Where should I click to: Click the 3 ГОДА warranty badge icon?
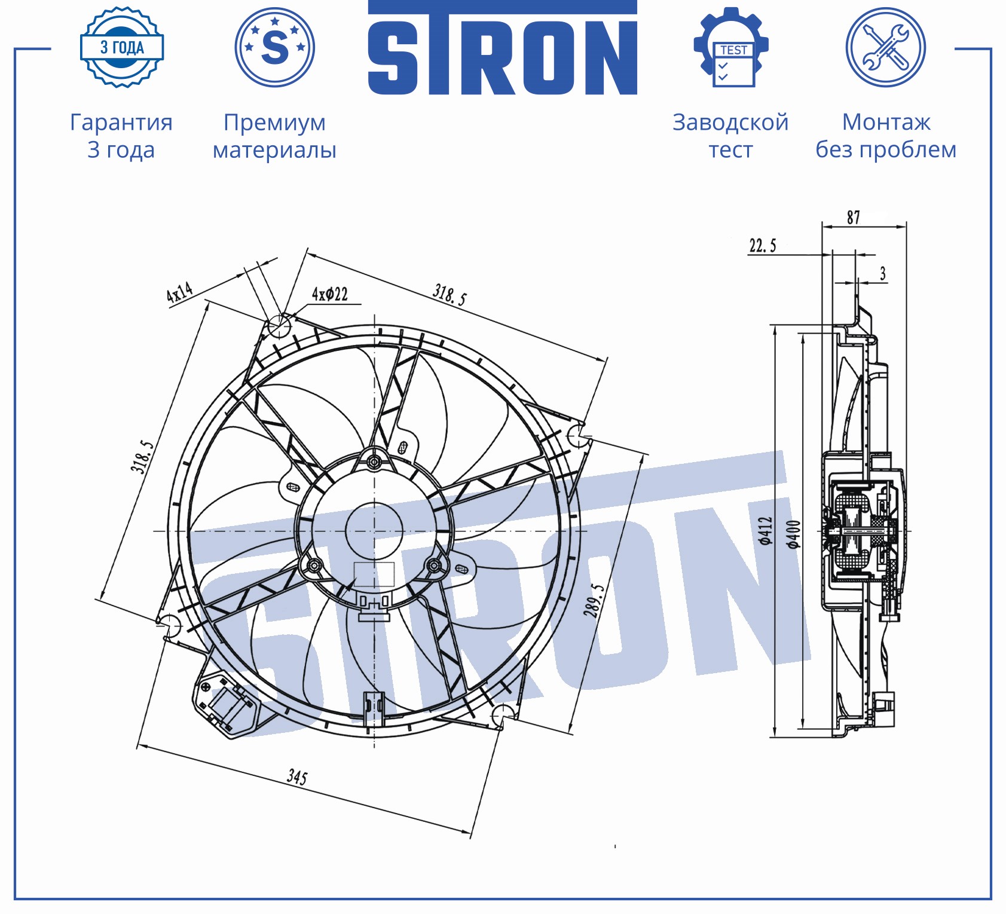point(122,47)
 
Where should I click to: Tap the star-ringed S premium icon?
point(275,47)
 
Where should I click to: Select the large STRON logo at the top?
point(503,48)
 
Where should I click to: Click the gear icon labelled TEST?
point(731,47)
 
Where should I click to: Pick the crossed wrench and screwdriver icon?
point(886,47)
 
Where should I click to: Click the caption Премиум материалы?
point(275,136)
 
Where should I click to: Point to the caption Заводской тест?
point(730,136)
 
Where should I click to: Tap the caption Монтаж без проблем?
point(886,136)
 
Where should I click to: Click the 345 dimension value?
point(297,777)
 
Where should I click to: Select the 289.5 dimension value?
point(594,600)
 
